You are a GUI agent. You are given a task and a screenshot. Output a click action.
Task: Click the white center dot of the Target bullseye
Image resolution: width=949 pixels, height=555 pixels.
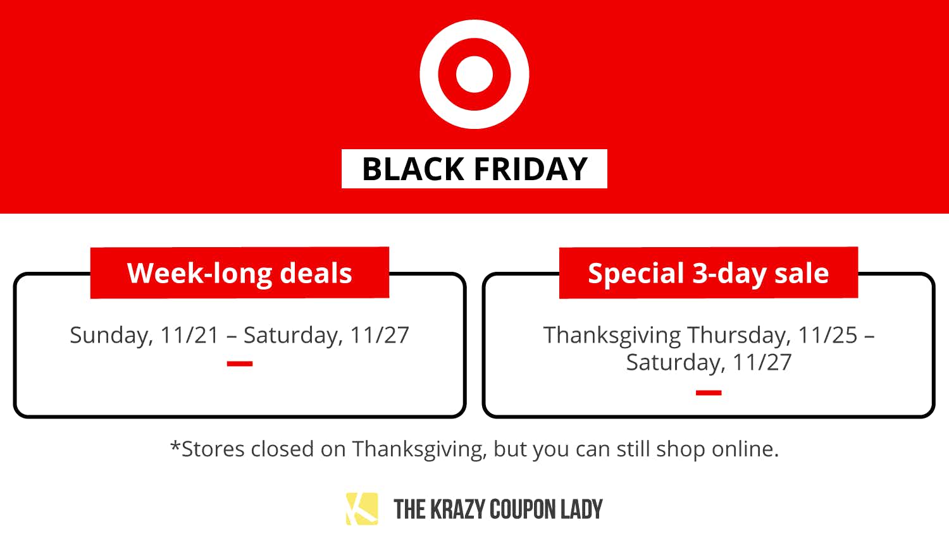coord(475,74)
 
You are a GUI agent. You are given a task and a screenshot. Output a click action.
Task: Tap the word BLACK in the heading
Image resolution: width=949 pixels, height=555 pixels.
coord(413,169)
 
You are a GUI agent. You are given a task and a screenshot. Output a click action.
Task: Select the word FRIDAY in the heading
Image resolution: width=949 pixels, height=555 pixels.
coord(531,169)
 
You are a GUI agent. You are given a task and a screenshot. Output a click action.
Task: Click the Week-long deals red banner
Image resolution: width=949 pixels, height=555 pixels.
coord(240,272)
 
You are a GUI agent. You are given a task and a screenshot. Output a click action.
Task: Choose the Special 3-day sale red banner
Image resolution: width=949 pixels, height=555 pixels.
coord(709,272)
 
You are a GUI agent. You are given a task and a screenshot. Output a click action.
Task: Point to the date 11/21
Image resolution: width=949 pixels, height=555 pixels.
coord(189,335)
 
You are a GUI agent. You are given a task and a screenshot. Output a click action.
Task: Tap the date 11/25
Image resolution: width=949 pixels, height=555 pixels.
coord(828,335)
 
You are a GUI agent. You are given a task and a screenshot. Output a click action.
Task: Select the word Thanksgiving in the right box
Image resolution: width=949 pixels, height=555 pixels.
coord(612,335)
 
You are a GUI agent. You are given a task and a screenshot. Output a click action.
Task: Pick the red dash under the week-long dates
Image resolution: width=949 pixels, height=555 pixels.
coord(240,363)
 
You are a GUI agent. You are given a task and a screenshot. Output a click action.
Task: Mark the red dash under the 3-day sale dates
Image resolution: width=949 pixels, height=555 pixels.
coord(709,393)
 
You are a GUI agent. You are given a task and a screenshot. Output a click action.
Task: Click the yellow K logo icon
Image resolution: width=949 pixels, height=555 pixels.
coord(362,509)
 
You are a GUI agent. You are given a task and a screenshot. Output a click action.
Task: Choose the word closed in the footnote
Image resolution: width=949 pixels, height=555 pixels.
coord(282,449)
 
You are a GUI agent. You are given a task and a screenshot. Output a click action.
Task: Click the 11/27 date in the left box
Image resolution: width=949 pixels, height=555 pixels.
coord(379,335)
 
